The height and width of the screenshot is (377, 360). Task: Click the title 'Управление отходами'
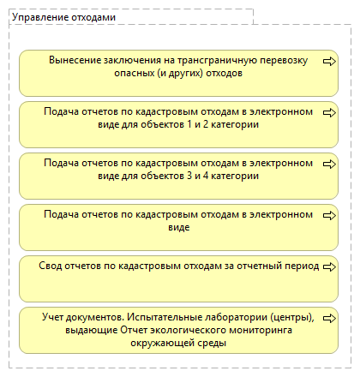click(63, 16)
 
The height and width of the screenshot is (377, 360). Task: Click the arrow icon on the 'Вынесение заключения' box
click(328, 62)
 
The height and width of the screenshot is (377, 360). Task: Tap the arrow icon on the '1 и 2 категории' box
click(328, 111)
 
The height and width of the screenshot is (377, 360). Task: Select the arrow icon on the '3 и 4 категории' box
click(328, 163)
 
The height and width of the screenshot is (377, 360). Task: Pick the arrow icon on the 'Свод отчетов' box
click(328, 266)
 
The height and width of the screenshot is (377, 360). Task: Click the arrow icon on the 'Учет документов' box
click(328, 317)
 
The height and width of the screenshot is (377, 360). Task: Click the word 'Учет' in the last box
click(54, 317)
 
